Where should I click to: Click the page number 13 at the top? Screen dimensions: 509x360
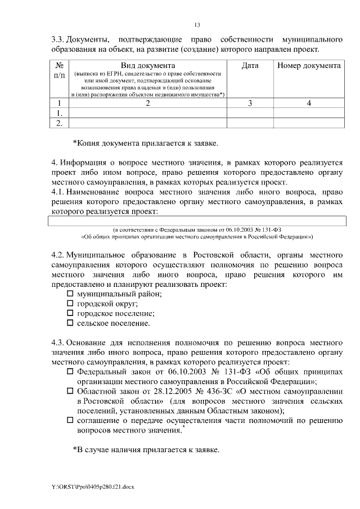[x=197, y=25]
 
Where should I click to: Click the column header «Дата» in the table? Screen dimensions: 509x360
[x=250, y=66]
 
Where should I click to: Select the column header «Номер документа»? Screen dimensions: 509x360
[x=309, y=66]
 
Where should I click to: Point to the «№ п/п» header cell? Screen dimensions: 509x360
[x=59, y=70]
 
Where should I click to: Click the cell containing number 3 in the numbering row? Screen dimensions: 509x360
[x=250, y=103]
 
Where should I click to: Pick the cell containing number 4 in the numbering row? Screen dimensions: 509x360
[x=309, y=103]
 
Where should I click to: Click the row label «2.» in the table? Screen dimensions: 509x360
[x=59, y=122]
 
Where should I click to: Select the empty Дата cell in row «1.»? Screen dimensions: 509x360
[x=250, y=112]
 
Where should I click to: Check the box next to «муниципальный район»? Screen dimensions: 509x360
[x=70, y=294]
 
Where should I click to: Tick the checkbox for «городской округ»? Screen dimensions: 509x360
[x=70, y=304]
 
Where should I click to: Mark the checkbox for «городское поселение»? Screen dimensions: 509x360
[x=70, y=313]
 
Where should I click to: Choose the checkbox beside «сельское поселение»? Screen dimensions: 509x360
[x=70, y=323]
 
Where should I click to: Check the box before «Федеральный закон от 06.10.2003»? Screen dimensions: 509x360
[x=70, y=372]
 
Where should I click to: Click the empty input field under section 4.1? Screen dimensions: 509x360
[x=197, y=222]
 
